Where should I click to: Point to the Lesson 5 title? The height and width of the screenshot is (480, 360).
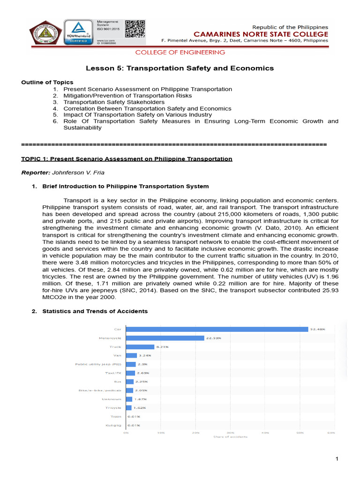tap(180, 68)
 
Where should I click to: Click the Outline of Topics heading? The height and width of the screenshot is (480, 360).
tap(47, 82)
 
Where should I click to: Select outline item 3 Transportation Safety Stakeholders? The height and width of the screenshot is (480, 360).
tap(114, 102)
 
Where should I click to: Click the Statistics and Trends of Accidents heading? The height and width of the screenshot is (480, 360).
tap(95, 311)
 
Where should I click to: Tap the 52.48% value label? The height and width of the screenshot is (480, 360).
tap(317, 329)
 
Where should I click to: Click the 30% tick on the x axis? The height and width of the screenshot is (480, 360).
tap(230, 432)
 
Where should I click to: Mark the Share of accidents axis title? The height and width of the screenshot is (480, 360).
tap(230, 437)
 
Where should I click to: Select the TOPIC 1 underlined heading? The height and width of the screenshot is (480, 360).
tap(127, 159)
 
